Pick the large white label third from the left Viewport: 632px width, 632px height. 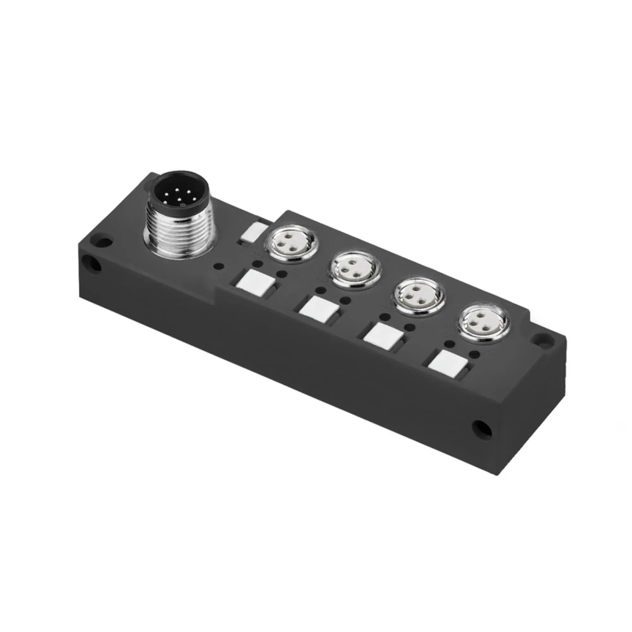point(383,339)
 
